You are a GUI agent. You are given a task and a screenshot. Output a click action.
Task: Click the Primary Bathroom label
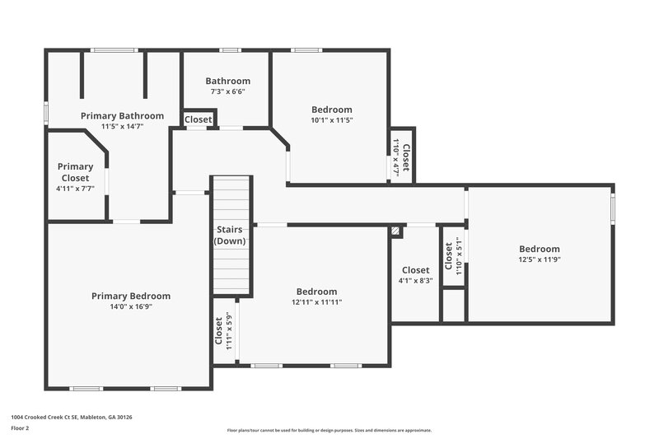(122, 116)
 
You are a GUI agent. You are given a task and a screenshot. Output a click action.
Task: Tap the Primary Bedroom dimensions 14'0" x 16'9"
(131, 306)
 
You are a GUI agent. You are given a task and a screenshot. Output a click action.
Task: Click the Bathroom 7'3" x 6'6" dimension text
(227, 91)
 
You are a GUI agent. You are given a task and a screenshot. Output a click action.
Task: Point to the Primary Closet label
(76, 172)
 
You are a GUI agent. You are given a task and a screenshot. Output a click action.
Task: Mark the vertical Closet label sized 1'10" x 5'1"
(453, 255)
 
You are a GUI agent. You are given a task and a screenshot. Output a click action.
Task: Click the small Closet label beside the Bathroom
(198, 120)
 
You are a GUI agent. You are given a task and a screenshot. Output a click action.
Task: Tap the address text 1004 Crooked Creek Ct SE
(71, 418)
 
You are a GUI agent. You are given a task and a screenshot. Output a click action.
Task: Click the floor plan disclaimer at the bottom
(329, 430)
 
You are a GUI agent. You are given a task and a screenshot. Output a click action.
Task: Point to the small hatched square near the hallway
(397, 232)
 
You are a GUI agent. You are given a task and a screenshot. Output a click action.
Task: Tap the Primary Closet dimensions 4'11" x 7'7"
(76, 188)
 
